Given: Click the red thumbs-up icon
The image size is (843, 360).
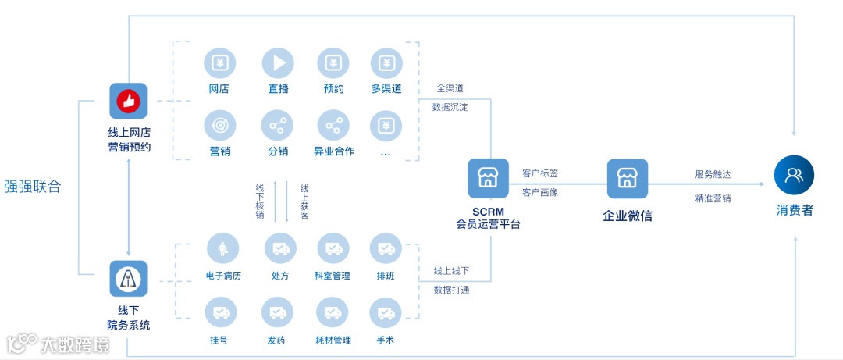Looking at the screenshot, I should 128,101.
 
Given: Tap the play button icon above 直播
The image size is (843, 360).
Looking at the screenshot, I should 278,63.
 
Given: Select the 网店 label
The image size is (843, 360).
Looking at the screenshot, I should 219,88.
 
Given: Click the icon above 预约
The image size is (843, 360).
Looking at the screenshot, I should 333,63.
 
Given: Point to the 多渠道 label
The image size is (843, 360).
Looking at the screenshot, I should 386,88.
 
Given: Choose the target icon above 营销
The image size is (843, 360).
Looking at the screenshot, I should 220,125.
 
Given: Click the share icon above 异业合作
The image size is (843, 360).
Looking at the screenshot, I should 333,125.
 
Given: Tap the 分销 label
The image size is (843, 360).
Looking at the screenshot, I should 278,151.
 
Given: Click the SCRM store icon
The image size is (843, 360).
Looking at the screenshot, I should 488,178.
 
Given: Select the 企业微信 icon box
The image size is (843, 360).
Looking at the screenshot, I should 628,178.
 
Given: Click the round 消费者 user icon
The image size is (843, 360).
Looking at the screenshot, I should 794,175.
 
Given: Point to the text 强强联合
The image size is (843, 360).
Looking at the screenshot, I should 32,187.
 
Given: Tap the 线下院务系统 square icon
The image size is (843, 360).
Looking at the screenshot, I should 128,279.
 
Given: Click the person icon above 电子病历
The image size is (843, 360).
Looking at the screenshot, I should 222,249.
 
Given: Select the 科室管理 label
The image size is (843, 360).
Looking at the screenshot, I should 333,276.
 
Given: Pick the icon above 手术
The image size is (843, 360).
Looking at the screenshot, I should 386,313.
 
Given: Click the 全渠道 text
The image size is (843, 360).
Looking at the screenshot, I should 450,88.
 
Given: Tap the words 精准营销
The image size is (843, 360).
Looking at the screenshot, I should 713,198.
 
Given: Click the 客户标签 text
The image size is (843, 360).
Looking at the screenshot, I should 540,173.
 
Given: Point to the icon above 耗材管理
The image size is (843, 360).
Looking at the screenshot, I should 333,313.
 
